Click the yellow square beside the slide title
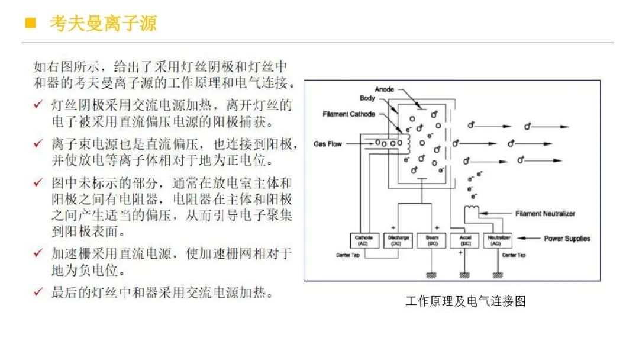(x=28, y=24)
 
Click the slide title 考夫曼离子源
(x=104, y=24)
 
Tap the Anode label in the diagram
(x=385, y=89)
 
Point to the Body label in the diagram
(x=367, y=98)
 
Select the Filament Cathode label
(x=348, y=114)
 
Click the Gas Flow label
(x=328, y=144)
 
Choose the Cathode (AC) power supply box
(x=363, y=240)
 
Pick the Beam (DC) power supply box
(x=432, y=240)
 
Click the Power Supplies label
(x=567, y=239)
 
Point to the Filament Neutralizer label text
(x=545, y=214)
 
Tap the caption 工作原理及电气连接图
(x=466, y=301)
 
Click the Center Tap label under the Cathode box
(x=348, y=255)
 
